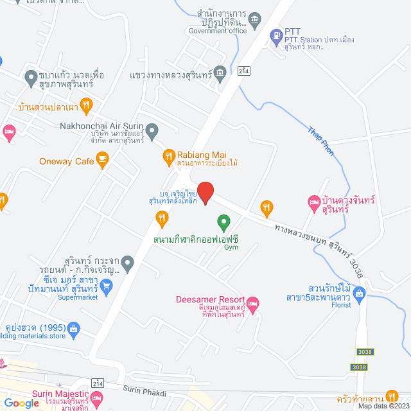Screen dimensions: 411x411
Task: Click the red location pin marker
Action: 204,192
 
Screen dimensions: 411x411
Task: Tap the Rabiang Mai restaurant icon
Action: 168,155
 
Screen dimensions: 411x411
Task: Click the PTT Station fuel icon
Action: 275,34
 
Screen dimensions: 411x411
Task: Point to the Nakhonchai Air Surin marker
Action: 152,132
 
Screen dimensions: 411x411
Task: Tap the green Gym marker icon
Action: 224,224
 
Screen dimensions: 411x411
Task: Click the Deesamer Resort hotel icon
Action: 253,302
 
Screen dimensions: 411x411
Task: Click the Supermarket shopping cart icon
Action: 108,290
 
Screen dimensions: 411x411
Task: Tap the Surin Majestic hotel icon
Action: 97,399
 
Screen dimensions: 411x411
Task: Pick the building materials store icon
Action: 74,329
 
